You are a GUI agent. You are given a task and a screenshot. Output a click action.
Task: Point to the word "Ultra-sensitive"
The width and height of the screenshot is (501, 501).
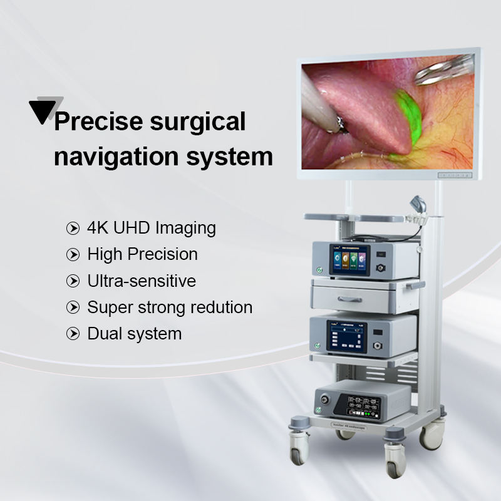142,281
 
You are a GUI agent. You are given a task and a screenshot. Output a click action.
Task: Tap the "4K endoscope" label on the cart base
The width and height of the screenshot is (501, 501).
347,427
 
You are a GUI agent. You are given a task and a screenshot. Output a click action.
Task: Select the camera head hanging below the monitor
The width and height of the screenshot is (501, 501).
417,206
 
